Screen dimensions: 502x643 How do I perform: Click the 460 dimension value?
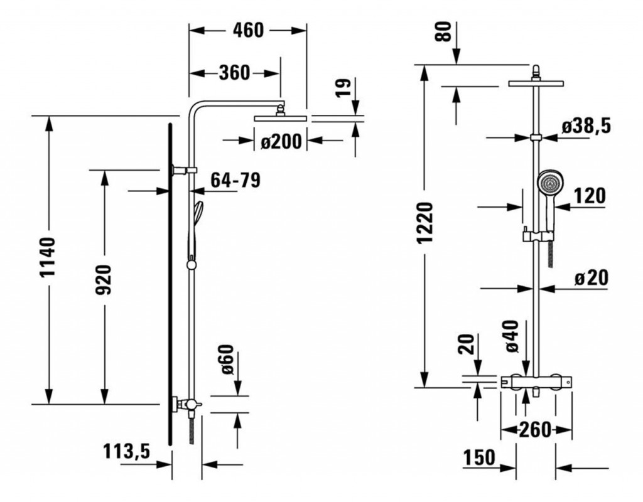pyautogui.click(x=248, y=29)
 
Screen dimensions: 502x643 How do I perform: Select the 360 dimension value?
pyautogui.click(x=234, y=73)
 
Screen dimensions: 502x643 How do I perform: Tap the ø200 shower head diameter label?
pyautogui.click(x=281, y=142)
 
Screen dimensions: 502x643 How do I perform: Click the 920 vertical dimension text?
pyautogui.click(x=104, y=280)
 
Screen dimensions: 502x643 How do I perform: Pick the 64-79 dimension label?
pyautogui.click(x=235, y=181)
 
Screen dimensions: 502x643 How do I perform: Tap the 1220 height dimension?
pyautogui.click(x=427, y=223)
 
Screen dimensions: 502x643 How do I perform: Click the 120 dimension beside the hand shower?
pyautogui.click(x=590, y=196)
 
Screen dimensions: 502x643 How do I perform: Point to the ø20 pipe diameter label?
pyautogui.click(x=592, y=278)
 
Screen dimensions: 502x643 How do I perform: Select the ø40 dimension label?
pyautogui.click(x=511, y=336)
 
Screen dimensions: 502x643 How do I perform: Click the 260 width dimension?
pyautogui.click(x=534, y=430)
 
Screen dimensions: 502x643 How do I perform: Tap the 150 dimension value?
pyautogui.click(x=480, y=457)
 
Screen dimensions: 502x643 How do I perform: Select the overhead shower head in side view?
pyautogui.click(x=279, y=117)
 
